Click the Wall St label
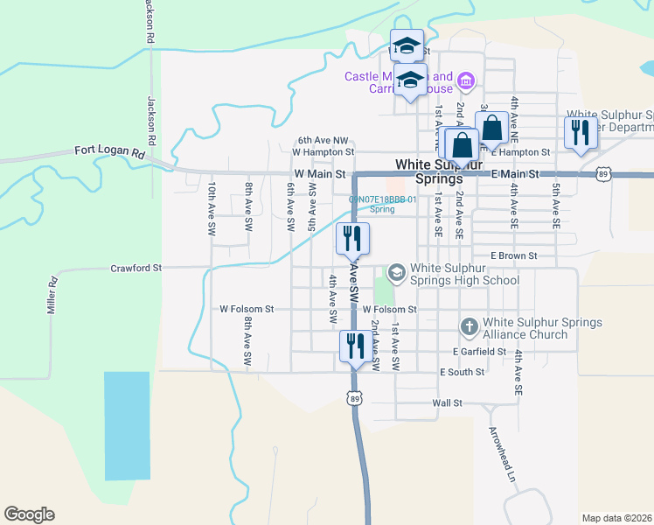(446, 403)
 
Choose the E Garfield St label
(479, 351)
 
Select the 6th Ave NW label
(323, 140)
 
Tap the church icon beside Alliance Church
(469, 327)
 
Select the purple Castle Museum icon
(466, 82)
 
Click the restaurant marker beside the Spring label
(353, 238)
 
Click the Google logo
(29, 514)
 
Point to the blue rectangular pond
(128, 425)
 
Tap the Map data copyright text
(616, 518)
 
